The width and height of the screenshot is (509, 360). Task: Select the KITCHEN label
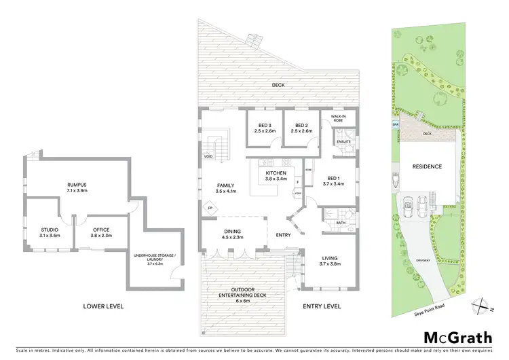pos(276,176)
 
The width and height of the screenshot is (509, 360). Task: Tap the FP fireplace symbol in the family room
pos(210,207)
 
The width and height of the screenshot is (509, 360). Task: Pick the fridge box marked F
pos(297,182)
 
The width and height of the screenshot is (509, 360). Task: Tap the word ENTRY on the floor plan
pos(284,235)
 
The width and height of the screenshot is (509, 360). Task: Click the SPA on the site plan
pos(394,126)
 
